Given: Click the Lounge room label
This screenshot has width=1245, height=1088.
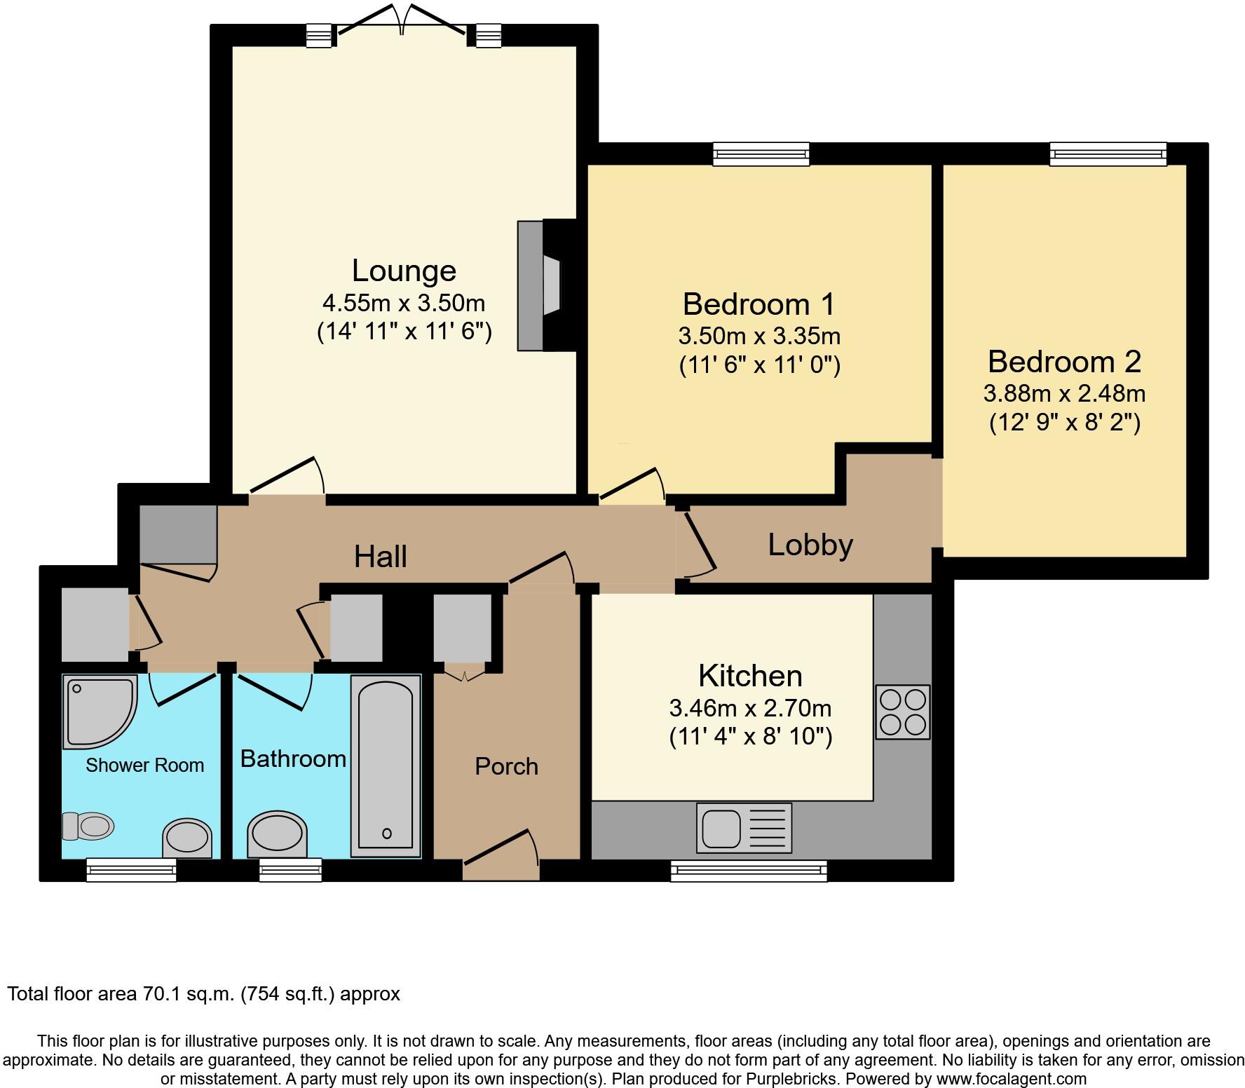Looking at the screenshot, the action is pyautogui.click(x=404, y=271).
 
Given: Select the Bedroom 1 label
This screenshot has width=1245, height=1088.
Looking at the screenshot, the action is pyautogui.click(x=759, y=304).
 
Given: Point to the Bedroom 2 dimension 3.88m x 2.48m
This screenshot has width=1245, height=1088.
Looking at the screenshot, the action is pyautogui.click(x=1064, y=393).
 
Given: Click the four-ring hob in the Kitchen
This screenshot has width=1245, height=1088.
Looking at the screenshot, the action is pyautogui.click(x=903, y=712).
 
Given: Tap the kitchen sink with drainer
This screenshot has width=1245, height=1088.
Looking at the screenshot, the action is pyautogui.click(x=744, y=828).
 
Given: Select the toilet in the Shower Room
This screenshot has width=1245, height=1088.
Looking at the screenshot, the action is pyautogui.click(x=88, y=826).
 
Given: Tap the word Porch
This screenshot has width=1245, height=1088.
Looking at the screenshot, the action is pyautogui.click(x=506, y=766).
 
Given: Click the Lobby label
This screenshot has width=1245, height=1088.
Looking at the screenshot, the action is pyautogui.click(x=810, y=545).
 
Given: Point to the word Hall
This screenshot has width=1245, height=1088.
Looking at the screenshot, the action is pyautogui.click(x=380, y=557).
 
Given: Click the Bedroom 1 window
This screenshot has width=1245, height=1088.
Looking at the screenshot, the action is pyautogui.click(x=761, y=154).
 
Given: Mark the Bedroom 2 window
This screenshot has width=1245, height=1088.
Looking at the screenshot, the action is pyautogui.click(x=1108, y=154).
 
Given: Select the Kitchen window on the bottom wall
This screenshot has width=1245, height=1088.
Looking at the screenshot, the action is pyautogui.click(x=749, y=870).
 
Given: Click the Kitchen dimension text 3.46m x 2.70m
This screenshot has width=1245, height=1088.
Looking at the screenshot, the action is pyautogui.click(x=750, y=708).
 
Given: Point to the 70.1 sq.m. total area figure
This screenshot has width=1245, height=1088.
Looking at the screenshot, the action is pyautogui.click(x=185, y=994).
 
